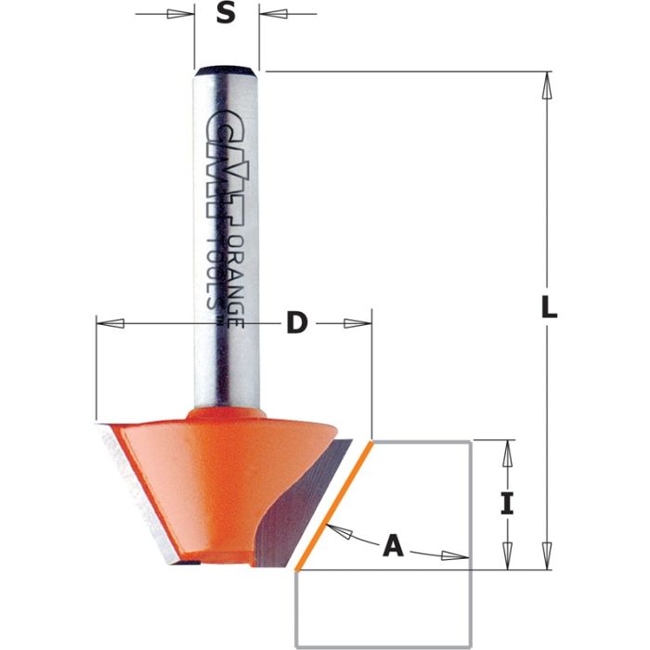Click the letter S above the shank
[x=226, y=15]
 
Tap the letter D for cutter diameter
[x=296, y=323]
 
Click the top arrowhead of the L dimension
[x=548, y=84]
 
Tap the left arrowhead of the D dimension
[x=110, y=323]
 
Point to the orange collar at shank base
[x=227, y=411]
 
